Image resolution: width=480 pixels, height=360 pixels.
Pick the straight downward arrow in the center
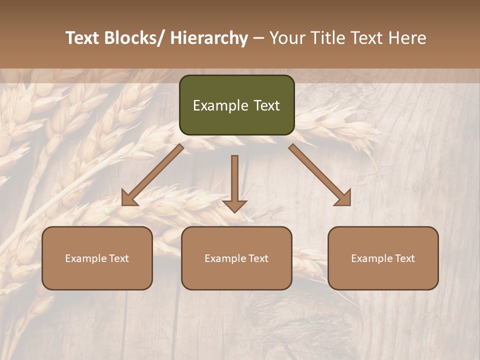(234, 183)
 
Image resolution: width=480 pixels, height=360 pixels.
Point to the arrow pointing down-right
(320, 175)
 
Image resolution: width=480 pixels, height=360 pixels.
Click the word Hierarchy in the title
(208, 38)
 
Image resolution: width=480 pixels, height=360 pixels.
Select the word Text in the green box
(266, 105)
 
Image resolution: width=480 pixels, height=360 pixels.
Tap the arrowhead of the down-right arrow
(343, 199)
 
